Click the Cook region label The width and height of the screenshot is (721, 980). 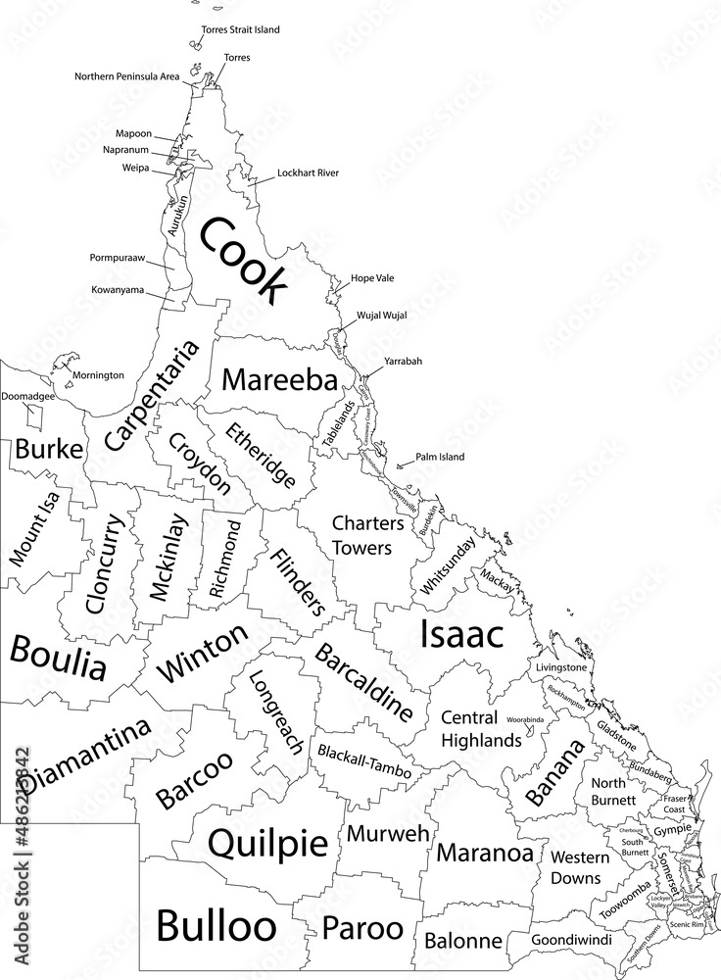point(243,260)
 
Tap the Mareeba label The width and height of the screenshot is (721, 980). point(279,380)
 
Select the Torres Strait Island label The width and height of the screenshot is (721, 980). point(240,30)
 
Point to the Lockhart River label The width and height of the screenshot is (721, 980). point(308,173)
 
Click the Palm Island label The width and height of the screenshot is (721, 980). point(438,457)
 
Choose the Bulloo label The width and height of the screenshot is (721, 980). point(216,923)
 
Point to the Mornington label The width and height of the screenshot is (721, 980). point(98,375)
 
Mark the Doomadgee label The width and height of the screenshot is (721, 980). point(27,397)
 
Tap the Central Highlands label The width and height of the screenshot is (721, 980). point(481,728)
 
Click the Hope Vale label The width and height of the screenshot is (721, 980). point(372,278)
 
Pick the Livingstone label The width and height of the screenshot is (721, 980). point(561,667)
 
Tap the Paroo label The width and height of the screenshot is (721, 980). point(362,926)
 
